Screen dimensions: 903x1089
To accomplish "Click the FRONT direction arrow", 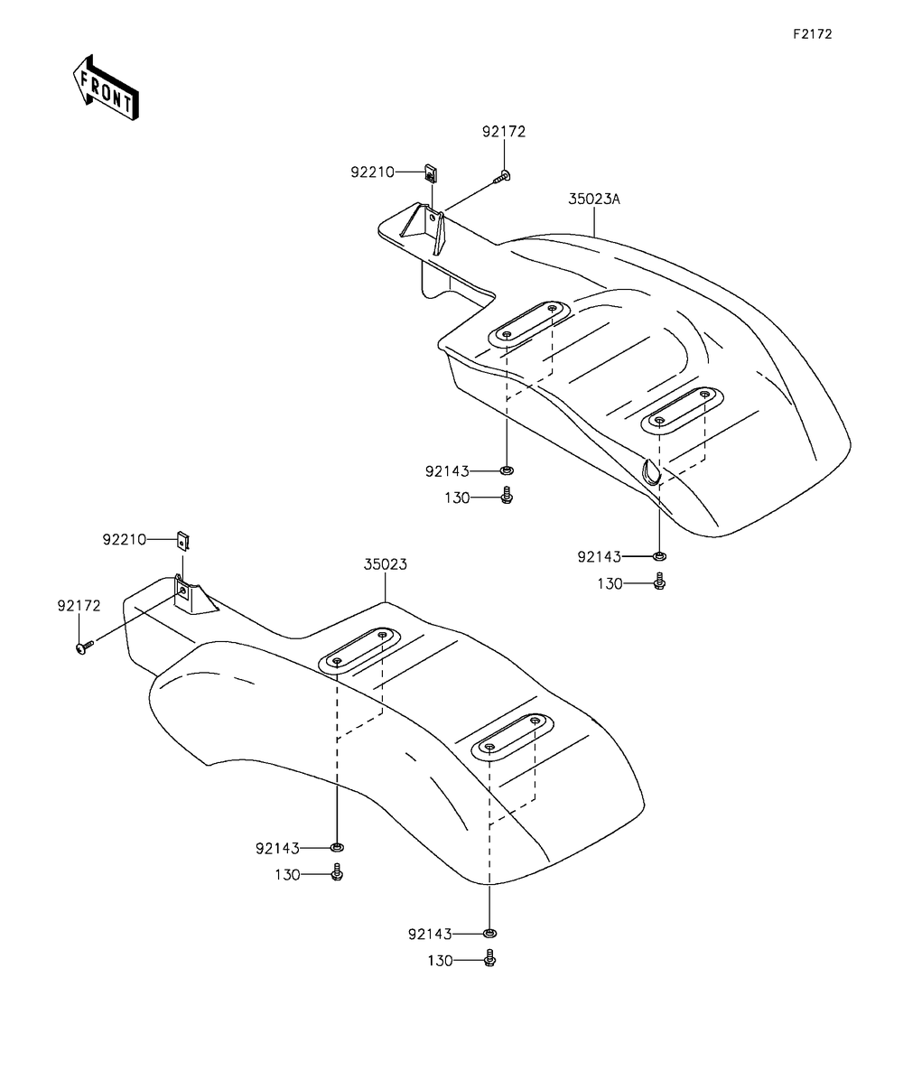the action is [106, 88].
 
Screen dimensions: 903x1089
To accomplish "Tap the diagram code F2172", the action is [813, 34].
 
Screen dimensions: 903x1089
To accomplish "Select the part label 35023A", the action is [594, 200].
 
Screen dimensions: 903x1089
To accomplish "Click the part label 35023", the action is [385, 564].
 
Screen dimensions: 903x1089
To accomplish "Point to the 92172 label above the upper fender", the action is [503, 132].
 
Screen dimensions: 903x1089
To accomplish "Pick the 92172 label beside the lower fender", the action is [79, 606].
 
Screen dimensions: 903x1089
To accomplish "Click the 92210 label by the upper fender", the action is [372, 172].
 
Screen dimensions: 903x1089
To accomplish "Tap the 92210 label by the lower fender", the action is [124, 540].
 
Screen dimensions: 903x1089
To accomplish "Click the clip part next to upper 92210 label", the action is [431, 173].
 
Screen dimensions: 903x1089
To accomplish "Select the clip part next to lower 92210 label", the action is [182, 541].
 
